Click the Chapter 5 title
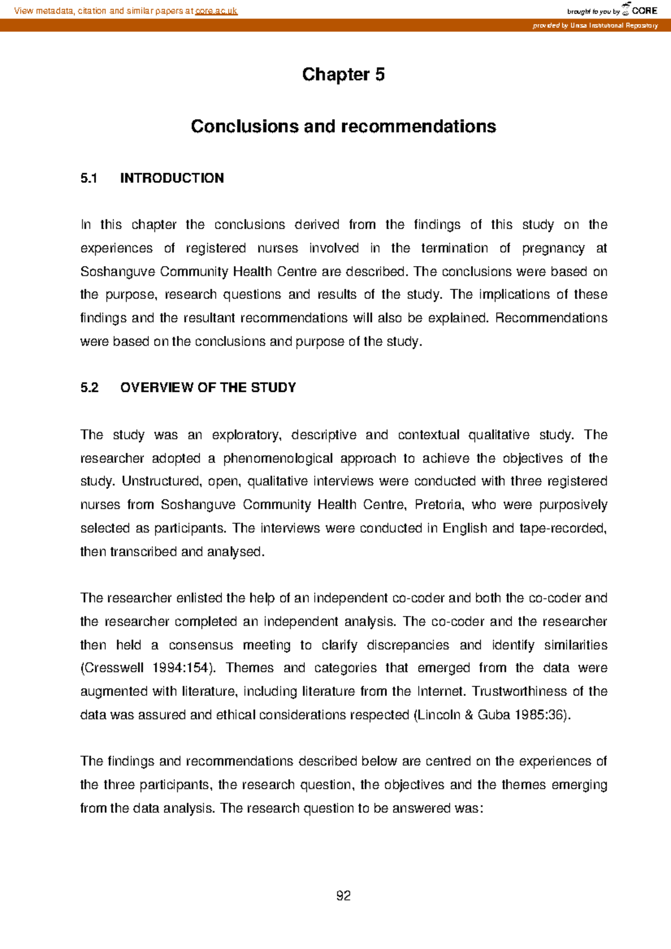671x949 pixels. (x=343, y=74)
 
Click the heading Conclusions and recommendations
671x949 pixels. (x=343, y=126)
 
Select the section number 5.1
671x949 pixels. (x=88, y=178)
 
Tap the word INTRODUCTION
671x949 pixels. (x=172, y=178)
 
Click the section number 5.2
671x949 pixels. (x=89, y=388)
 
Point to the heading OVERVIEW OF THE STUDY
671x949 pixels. (x=207, y=388)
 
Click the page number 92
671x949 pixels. (x=343, y=896)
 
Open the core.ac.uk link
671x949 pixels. (x=216, y=11)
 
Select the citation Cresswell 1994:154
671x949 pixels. (x=147, y=668)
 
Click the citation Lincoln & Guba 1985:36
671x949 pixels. (x=492, y=715)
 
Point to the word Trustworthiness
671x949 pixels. (x=518, y=692)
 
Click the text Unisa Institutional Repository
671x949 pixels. (x=613, y=26)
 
